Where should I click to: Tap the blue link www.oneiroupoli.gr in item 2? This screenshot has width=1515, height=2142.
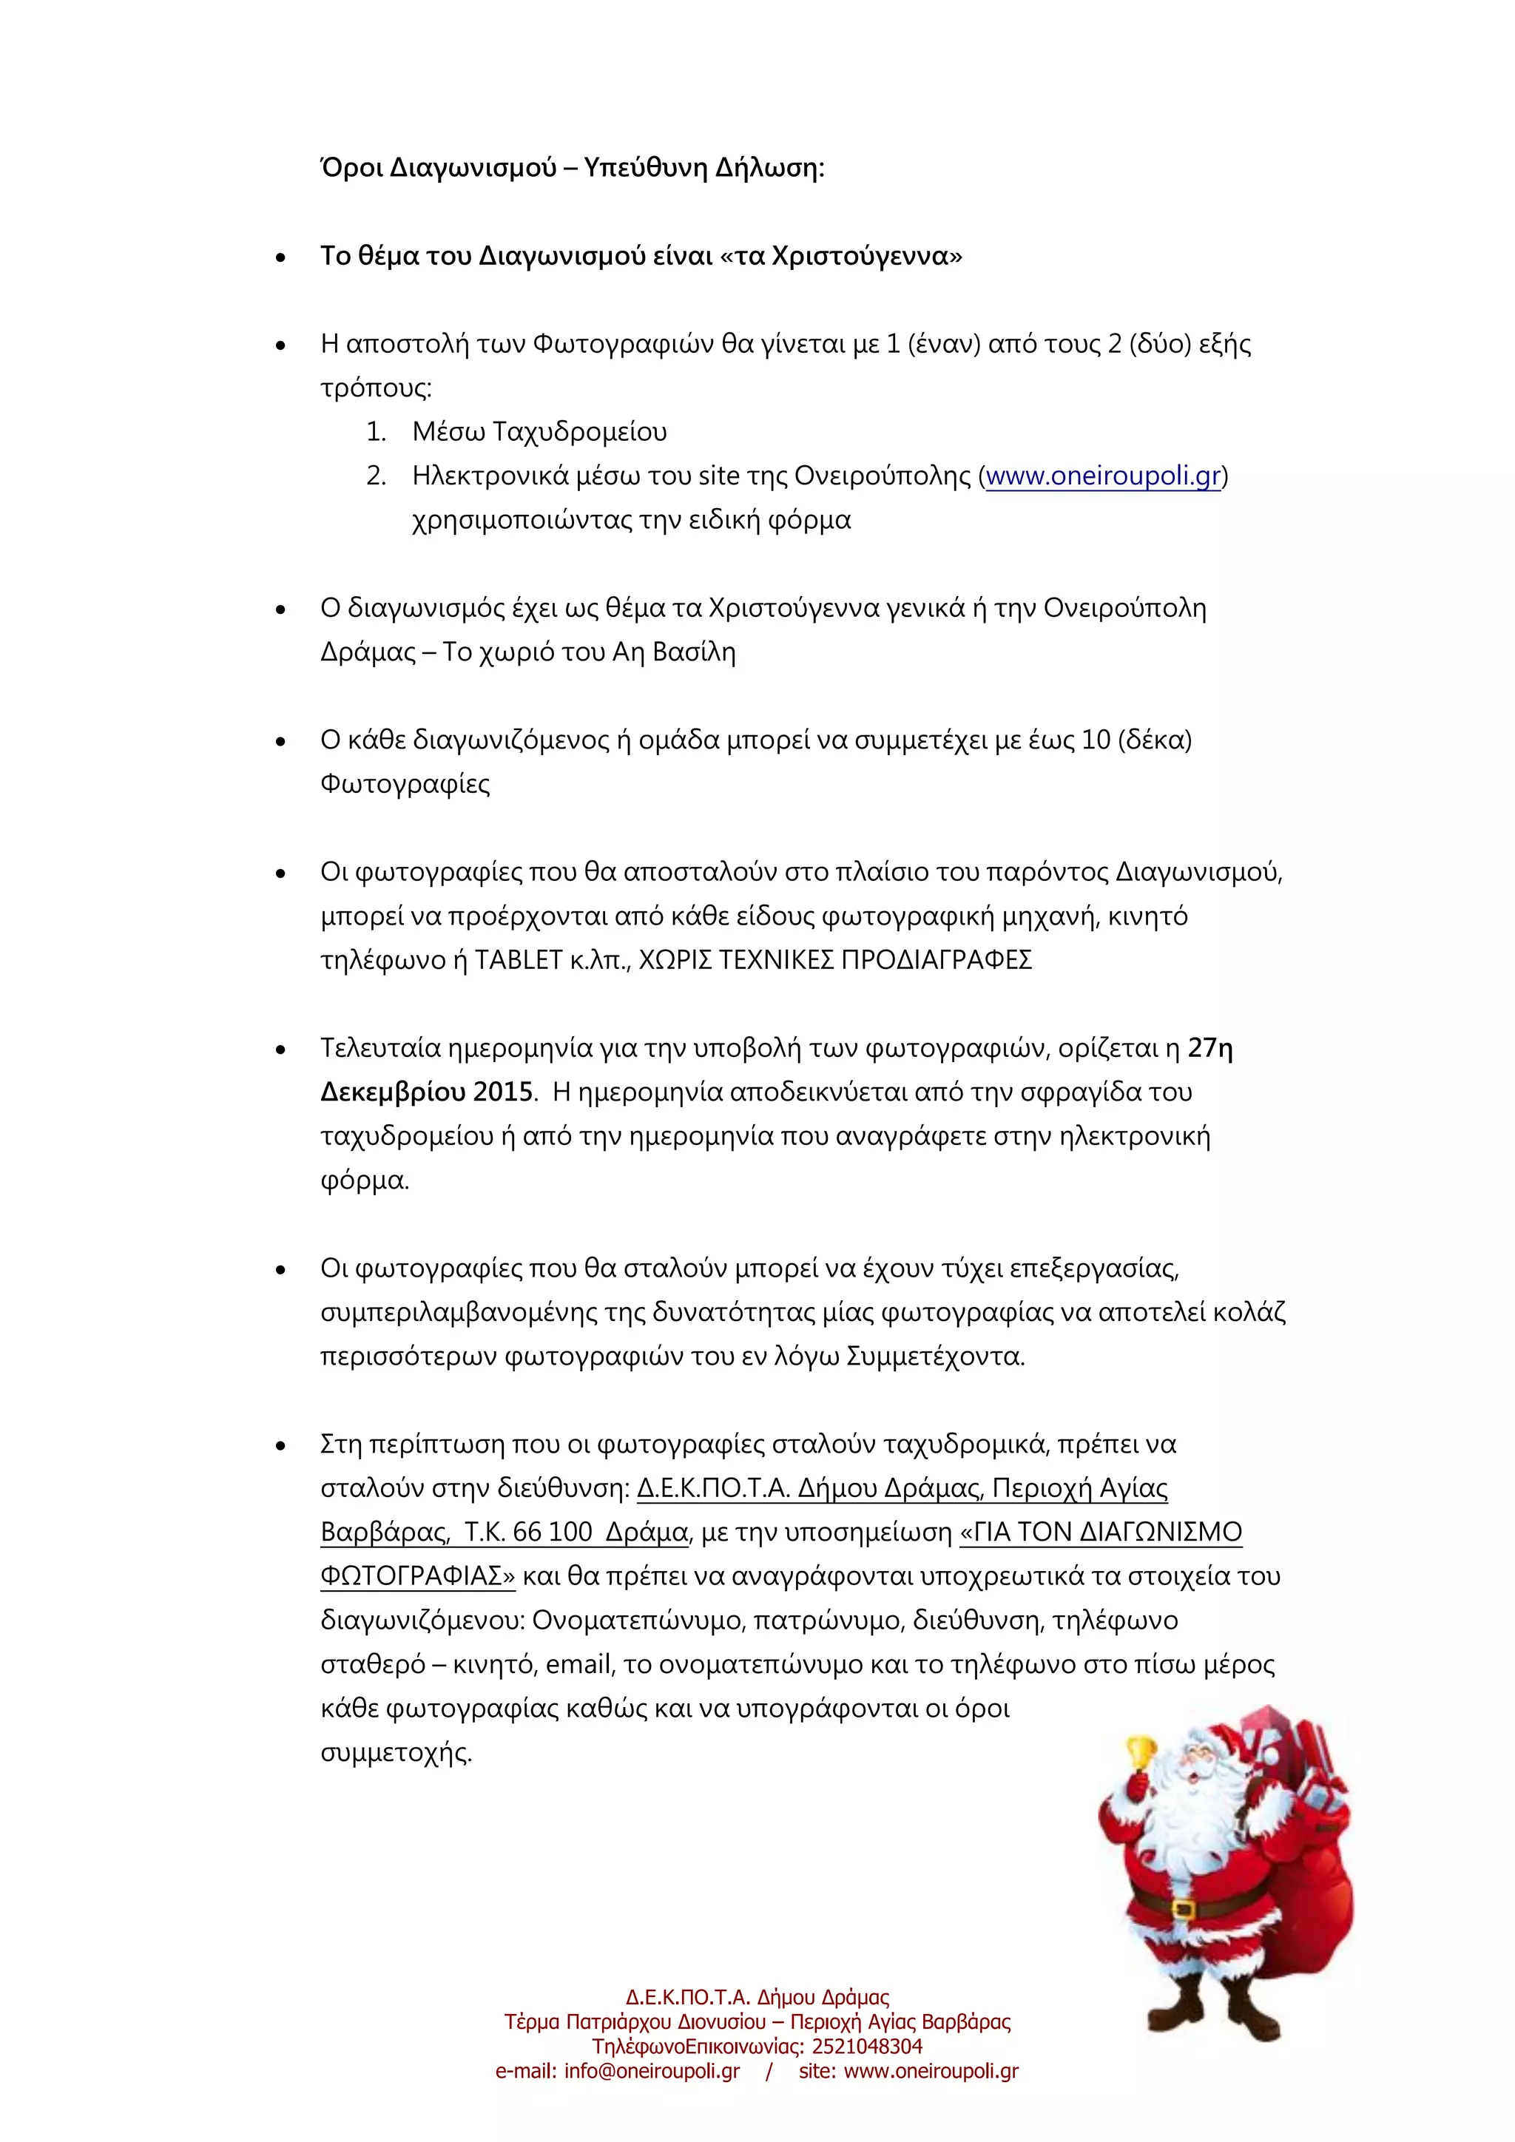pyautogui.click(x=1103, y=477)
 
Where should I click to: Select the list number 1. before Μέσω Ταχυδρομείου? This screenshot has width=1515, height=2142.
pyautogui.click(x=376, y=432)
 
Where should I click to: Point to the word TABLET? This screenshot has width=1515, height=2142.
pyautogui.click(x=518, y=960)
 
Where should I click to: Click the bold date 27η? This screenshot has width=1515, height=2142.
pyautogui.click(x=1210, y=1049)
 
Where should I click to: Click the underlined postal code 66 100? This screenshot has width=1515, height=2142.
pyautogui.click(x=553, y=1533)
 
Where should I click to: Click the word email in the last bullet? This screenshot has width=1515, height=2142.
pyautogui.click(x=578, y=1665)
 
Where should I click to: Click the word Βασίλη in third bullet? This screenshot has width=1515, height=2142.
pyautogui.click(x=693, y=652)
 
